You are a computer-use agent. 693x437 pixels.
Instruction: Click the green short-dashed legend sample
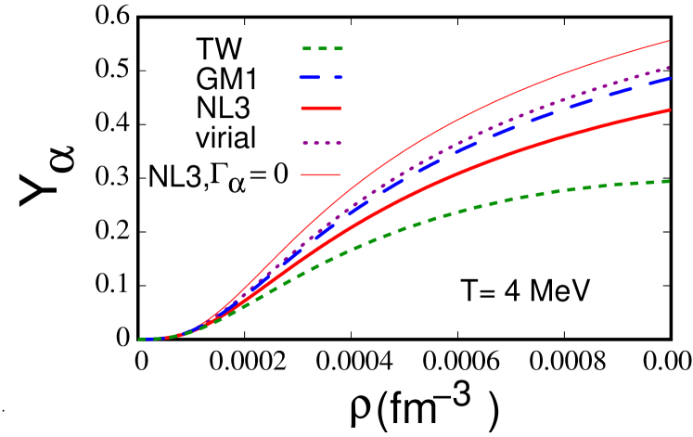point(322,48)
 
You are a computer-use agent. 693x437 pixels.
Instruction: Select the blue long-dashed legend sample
point(321,78)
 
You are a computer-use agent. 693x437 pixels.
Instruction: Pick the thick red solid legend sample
point(321,109)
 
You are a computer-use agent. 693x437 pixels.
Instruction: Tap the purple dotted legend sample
point(322,143)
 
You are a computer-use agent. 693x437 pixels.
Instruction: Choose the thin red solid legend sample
point(321,174)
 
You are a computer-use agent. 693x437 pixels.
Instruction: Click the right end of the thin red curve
point(669,41)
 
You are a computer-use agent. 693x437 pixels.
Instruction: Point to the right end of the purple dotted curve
point(669,68)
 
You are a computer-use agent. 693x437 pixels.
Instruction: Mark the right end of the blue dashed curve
point(669,79)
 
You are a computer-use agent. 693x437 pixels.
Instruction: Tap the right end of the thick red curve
point(669,110)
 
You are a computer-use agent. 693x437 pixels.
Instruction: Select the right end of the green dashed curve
point(669,181)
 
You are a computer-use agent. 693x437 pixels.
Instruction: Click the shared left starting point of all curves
point(140,340)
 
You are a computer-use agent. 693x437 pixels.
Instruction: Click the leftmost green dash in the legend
point(307,48)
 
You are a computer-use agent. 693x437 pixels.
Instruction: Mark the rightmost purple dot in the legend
point(339,143)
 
